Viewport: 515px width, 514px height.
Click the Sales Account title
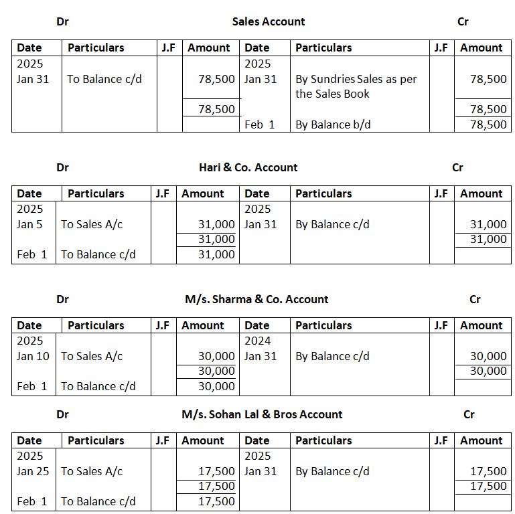click(268, 21)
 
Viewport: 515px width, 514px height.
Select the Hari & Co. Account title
click(248, 167)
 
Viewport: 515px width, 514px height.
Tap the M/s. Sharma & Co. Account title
click(256, 299)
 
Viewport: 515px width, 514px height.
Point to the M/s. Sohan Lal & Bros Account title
click(262, 414)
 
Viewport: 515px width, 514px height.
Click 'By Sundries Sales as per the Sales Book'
click(356, 86)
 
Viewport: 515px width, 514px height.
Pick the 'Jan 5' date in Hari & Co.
click(29, 224)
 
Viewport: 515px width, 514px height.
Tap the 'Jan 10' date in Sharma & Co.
click(33, 356)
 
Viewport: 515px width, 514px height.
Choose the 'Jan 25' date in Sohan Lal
click(33, 471)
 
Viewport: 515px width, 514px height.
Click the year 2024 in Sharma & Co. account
click(258, 341)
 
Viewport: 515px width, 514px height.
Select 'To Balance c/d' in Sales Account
click(104, 79)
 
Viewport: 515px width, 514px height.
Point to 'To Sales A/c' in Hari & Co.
click(92, 224)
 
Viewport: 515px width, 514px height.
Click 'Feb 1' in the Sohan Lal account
click(31, 501)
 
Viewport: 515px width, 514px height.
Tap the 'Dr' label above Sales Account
click(63, 21)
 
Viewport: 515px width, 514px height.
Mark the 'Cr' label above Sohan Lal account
click(469, 414)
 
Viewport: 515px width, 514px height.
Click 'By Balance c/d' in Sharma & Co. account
click(332, 356)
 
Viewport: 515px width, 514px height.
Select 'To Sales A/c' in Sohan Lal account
click(92, 471)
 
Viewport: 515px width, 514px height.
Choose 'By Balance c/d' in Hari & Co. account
click(332, 224)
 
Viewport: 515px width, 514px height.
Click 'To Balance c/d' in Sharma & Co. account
click(98, 386)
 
